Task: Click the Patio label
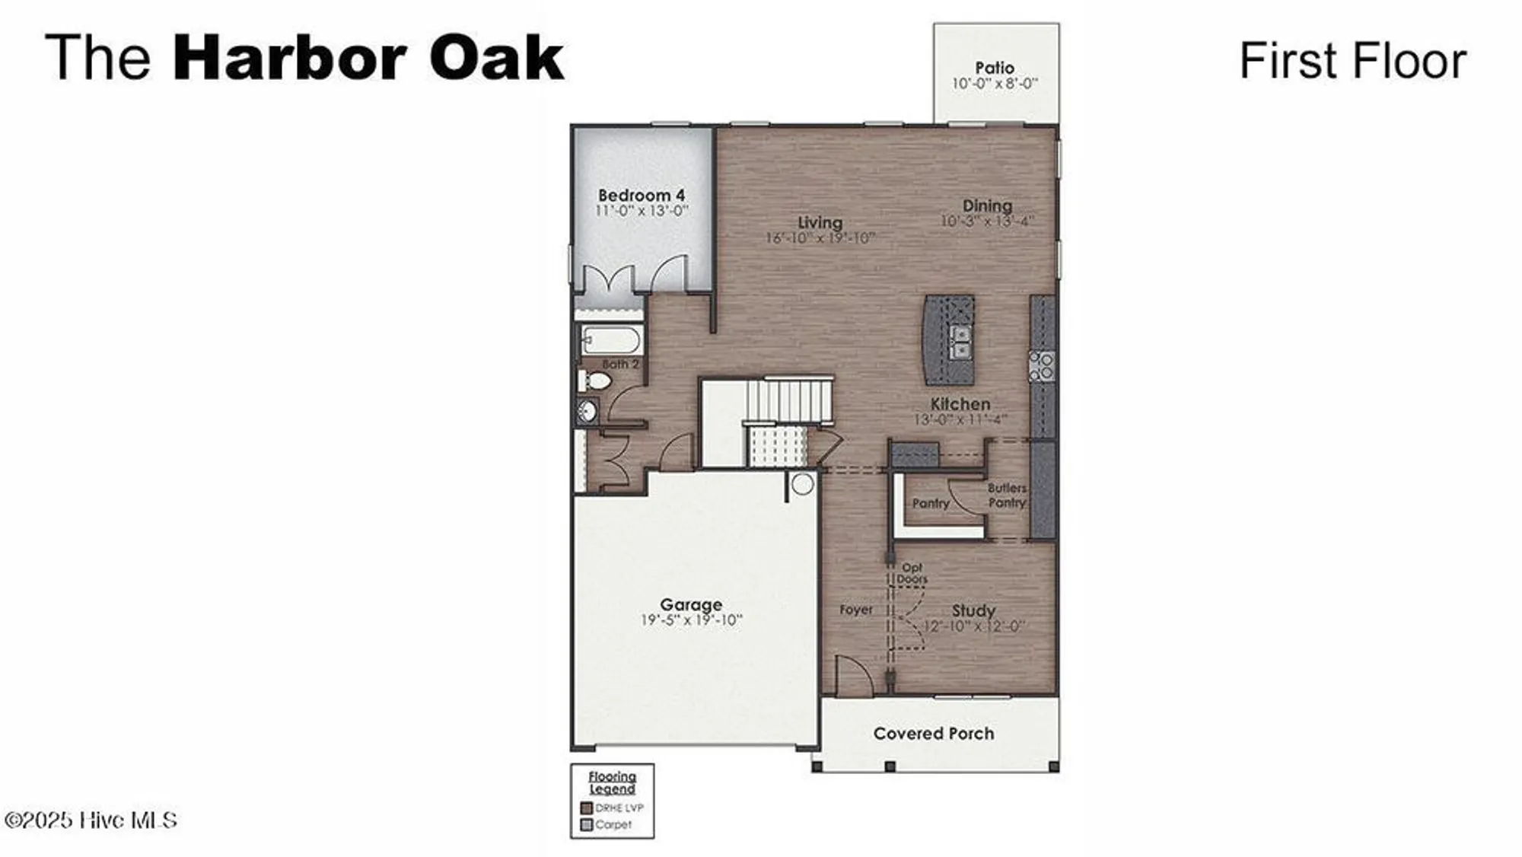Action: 995,68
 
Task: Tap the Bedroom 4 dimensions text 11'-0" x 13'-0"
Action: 642,211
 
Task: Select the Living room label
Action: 820,222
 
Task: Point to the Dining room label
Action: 987,205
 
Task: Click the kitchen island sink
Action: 961,342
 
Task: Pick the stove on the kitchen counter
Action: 1042,365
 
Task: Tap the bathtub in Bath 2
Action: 612,340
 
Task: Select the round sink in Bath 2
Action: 587,413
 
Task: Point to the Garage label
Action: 691,604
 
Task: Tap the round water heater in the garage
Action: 802,484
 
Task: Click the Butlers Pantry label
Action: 1007,495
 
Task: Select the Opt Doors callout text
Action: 912,573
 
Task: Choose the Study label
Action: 973,610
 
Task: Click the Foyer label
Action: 856,610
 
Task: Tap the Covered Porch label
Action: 934,734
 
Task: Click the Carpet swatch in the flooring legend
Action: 586,825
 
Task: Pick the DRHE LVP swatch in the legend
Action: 586,808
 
